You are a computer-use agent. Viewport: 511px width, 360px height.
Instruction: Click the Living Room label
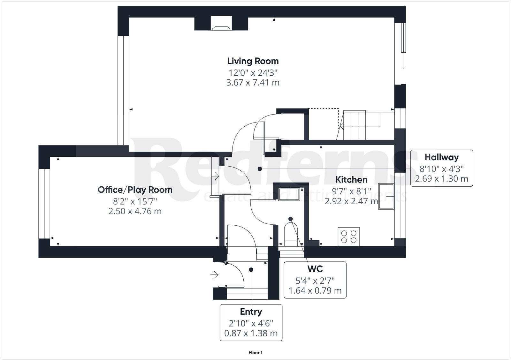(253, 61)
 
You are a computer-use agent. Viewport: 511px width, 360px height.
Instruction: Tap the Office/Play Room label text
(135, 190)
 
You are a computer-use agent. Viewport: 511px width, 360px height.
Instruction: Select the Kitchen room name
(351, 179)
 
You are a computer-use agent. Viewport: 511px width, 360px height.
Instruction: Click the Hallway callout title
(441, 157)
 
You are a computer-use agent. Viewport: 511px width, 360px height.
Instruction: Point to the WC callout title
(315, 269)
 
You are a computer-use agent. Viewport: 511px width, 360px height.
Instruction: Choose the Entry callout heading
(251, 311)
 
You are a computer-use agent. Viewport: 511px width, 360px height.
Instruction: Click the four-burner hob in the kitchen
(349, 236)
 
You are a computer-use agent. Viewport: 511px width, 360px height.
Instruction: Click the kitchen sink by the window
(386, 196)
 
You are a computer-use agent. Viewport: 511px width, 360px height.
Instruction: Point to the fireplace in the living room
(221, 27)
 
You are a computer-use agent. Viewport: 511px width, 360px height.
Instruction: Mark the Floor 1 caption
(256, 353)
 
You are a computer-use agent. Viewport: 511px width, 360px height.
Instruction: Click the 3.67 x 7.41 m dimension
(253, 83)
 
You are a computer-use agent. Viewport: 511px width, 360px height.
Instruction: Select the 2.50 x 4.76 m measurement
(135, 211)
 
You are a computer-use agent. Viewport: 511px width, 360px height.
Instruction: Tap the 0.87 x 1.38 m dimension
(251, 334)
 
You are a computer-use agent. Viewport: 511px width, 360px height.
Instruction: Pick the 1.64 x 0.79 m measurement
(315, 291)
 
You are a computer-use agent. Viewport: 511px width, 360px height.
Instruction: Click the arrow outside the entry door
(214, 274)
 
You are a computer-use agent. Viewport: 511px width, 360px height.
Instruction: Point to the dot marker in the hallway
(260, 169)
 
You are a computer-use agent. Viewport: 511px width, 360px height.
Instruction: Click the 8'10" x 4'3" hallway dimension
(441, 168)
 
